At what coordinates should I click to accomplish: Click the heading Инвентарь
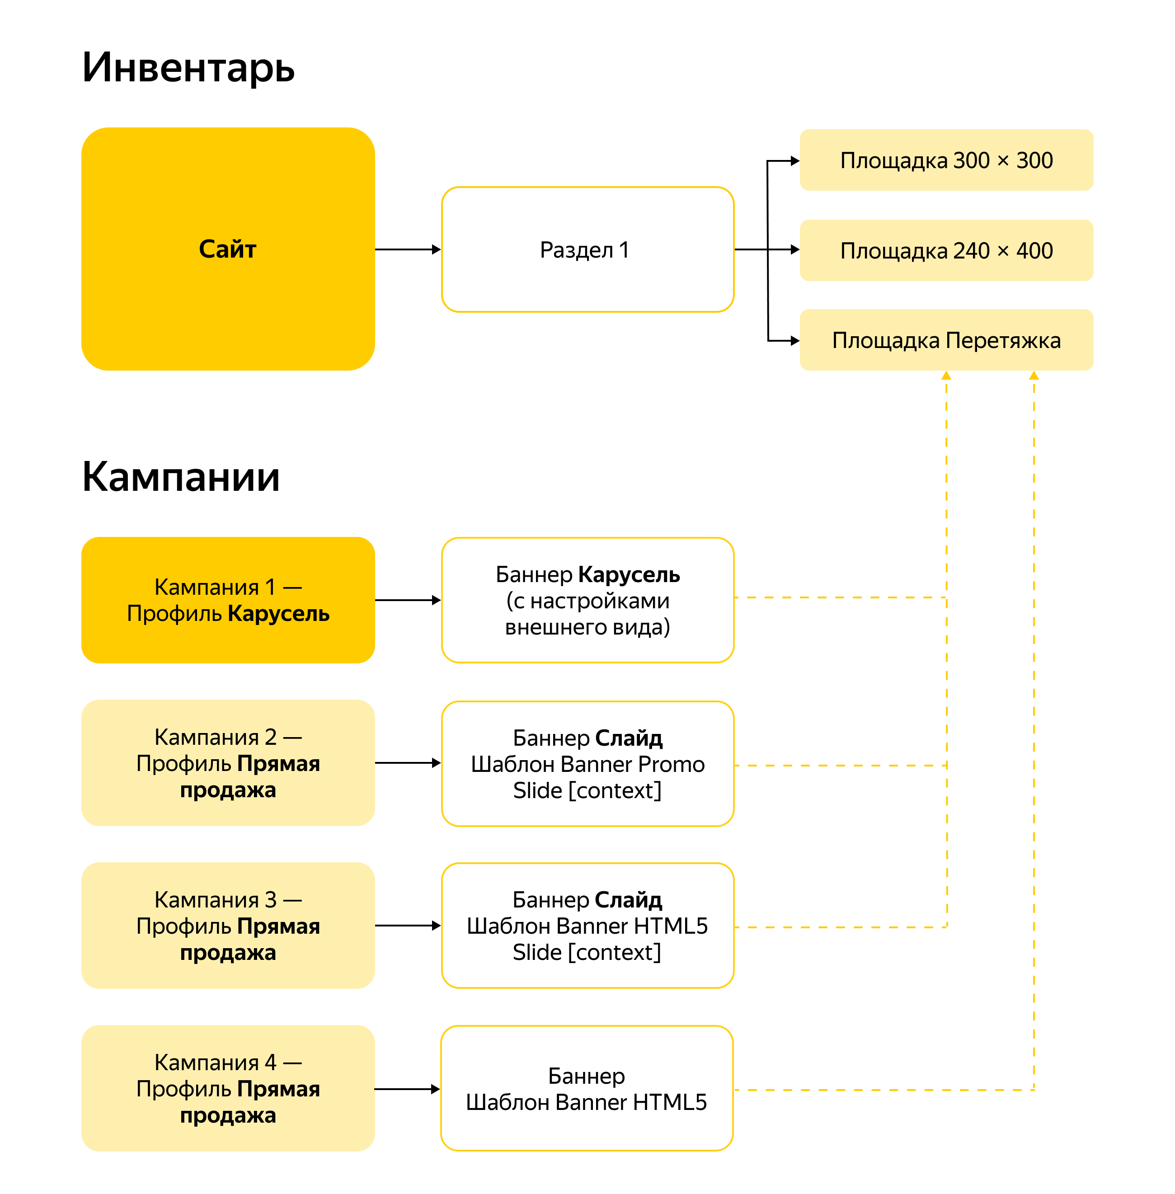pyautogui.click(x=188, y=67)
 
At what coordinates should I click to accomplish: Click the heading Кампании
pyautogui.click(x=181, y=477)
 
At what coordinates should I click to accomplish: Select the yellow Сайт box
pyautogui.click(x=228, y=249)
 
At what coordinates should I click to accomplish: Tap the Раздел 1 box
pyautogui.click(x=587, y=249)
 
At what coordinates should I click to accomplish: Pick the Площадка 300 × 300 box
pyautogui.click(x=946, y=160)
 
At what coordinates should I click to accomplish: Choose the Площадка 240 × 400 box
pyautogui.click(x=946, y=250)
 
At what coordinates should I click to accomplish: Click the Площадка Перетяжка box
pyautogui.click(x=946, y=340)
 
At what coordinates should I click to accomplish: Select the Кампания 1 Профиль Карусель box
pyautogui.click(x=228, y=600)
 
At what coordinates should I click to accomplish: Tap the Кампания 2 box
pyautogui.click(x=228, y=763)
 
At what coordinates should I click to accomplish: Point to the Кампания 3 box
pyautogui.click(x=228, y=926)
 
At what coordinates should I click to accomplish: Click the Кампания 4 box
pyautogui.click(x=228, y=1089)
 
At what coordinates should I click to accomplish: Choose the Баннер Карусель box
pyautogui.click(x=587, y=600)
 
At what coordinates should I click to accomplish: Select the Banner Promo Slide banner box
pyautogui.click(x=587, y=763)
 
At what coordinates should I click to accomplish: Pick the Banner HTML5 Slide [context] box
pyautogui.click(x=587, y=926)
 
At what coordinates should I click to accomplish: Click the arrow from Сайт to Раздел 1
pyautogui.click(x=407, y=249)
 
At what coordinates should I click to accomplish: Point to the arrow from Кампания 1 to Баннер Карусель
pyautogui.click(x=407, y=600)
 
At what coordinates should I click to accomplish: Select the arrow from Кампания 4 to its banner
pyautogui.click(x=407, y=1089)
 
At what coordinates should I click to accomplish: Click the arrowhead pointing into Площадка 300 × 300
pyautogui.click(x=795, y=161)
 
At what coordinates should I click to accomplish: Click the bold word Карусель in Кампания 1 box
pyautogui.click(x=279, y=614)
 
